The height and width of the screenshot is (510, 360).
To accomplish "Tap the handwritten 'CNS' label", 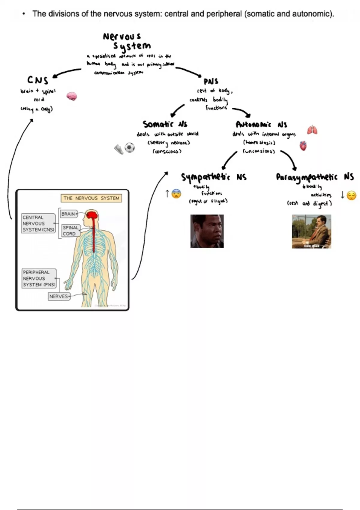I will coord(38,80).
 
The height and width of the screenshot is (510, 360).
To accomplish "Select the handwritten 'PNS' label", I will coord(211,81).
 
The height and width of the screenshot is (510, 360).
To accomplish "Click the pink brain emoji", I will coord(72,96).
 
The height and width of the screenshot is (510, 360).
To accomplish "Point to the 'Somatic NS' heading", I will coord(165,124).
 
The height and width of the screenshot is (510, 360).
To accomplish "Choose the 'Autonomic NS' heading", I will coord(261,124).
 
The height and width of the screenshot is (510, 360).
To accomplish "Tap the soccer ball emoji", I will coord(130,148).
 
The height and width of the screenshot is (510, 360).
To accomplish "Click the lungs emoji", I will coord(312,130).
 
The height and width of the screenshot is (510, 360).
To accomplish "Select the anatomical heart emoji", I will coord(303,146).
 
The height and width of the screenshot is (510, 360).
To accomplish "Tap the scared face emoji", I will coord(176,194).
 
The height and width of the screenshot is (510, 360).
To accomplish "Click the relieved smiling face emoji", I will coord(351,196).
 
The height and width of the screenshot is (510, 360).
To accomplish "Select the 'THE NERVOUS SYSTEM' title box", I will coord(91,198).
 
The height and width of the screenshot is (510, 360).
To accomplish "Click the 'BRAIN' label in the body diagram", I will coord(68,214).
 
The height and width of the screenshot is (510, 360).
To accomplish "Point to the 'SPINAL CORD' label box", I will coord(70,230).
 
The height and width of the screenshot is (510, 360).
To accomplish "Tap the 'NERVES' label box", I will coord(59,296).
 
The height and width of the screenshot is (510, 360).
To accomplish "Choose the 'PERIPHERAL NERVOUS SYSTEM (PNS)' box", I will coord(39,278).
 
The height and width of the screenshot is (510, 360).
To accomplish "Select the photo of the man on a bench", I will coord(311,231).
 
